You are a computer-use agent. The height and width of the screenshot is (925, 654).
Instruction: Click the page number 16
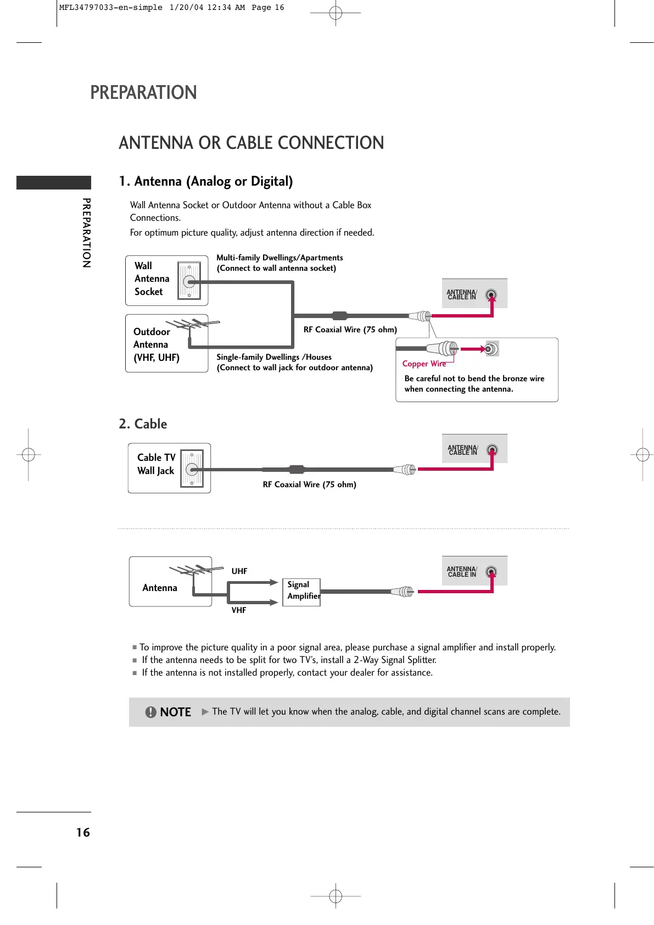pos(83,832)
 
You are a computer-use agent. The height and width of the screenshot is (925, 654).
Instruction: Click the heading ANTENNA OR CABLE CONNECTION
pos(251,143)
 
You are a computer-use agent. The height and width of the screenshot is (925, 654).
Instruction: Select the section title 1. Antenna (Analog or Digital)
pos(206,181)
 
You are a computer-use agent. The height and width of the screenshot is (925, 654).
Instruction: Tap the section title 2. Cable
pos(143,424)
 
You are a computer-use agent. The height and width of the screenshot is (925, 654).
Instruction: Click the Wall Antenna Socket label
pos(151,279)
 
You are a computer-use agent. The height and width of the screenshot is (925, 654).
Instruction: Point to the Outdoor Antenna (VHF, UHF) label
pos(155,344)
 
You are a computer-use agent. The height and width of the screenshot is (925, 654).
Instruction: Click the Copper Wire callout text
pos(424,364)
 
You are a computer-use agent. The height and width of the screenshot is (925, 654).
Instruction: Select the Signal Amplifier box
pos(301,592)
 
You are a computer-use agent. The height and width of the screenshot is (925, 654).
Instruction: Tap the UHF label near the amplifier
pos(239,571)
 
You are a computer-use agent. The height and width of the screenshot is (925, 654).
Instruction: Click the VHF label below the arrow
pos(239,610)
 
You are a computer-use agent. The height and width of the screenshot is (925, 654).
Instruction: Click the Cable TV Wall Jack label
pos(156,464)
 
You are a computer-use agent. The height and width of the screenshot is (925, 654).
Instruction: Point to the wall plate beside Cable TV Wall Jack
pos(192,469)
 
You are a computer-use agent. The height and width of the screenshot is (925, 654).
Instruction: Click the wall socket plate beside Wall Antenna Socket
pos(189,281)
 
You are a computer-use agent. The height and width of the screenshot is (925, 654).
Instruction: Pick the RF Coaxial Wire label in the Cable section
pos(309,484)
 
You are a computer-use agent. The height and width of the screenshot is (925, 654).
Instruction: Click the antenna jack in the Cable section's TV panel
pos(492,450)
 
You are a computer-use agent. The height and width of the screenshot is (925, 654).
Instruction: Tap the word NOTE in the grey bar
pos(175,712)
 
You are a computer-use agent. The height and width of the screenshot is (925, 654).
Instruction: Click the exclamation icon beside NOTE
pos(150,712)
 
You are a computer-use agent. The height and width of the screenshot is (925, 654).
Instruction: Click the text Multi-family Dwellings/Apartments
pos(280,258)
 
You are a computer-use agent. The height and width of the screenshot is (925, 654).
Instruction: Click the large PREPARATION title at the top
pos(143,92)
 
